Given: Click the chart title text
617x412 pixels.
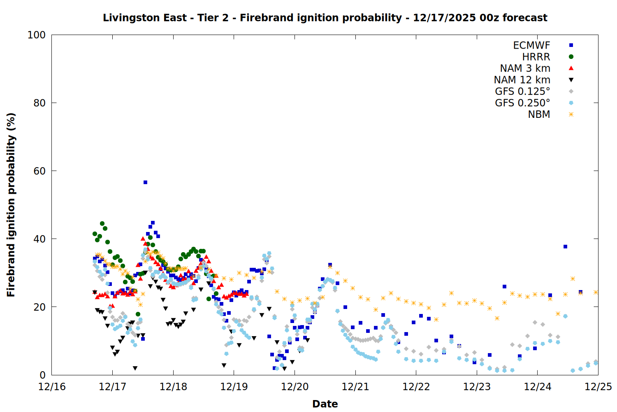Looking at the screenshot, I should [325, 18].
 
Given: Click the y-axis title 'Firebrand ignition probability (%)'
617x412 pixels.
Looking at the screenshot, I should [11, 205].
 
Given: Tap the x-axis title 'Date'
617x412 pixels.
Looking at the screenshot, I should [325, 404].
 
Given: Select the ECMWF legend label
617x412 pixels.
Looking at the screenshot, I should [531, 45].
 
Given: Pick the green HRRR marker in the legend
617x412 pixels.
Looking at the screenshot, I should [571, 57].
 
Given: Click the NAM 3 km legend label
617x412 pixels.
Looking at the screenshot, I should [525, 68].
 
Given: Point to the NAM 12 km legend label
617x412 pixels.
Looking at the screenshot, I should [522, 80].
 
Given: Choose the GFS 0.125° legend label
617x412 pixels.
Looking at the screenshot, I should [522, 91].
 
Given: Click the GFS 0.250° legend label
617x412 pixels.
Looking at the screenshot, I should [522, 103].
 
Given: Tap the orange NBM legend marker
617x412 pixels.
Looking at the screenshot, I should [571, 115].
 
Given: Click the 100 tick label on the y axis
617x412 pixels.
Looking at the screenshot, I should [37, 35].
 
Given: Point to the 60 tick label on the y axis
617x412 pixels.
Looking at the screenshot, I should [39, 171].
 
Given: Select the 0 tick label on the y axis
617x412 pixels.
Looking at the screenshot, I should [43, 375].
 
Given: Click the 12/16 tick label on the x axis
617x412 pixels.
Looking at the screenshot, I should [52, 387].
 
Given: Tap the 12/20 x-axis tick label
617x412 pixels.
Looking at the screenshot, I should [295, 387].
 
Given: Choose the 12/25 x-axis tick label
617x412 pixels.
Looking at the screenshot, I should [598, 387].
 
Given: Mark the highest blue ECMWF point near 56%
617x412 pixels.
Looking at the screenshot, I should [145, 182].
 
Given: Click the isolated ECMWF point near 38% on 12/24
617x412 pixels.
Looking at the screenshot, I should [565, 246].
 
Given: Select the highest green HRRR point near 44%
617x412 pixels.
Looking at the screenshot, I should [102, 223].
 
